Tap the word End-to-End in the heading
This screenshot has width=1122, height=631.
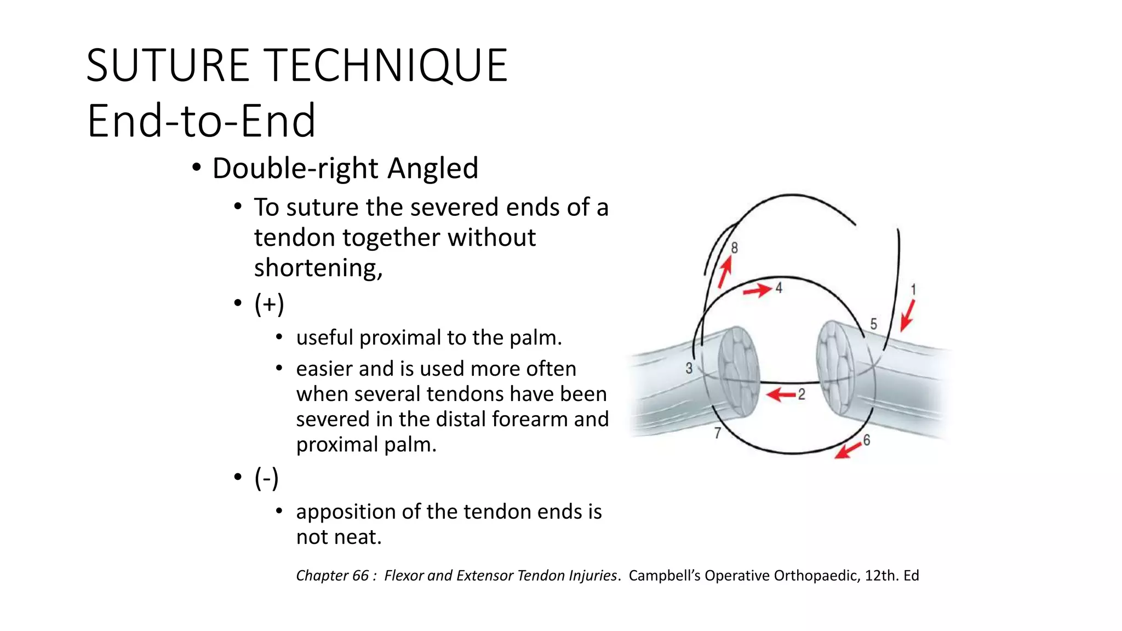point(201,121)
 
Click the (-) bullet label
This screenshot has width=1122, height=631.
point(266,478)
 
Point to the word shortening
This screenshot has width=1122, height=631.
point(318,268)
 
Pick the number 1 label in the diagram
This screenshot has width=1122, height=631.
point(913,289)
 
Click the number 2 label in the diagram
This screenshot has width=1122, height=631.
point(802,394)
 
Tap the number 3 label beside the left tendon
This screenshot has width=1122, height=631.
point(689,368)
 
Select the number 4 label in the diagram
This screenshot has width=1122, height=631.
point(778,287)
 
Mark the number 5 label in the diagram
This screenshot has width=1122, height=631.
point(873,324)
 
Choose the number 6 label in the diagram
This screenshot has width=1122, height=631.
point(866,439)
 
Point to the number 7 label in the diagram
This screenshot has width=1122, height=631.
point(717,433)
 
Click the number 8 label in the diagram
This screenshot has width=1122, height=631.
point(734,248)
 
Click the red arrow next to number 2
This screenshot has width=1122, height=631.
point(780,394)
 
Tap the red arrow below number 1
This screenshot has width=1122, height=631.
point(907,315)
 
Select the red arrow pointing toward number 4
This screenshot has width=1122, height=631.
point(757,290)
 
